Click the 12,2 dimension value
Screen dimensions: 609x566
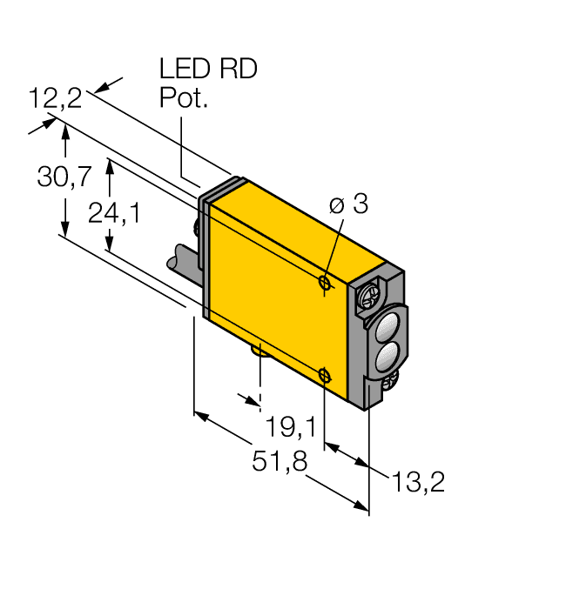click(54, 98)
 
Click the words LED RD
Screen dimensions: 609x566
click(208, 70)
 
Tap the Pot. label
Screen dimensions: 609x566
click(184, 98)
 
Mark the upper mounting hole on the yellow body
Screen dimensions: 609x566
click(324, 283)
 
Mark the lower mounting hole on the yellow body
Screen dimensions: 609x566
click(324, 375)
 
